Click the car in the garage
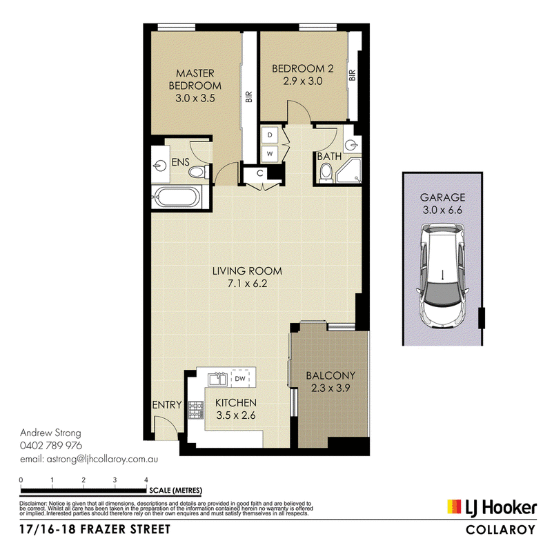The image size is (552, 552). (442, 276)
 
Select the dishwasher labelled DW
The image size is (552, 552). (239, 378)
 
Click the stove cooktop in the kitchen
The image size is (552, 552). (196, 410)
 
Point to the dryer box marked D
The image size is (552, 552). (270, 135)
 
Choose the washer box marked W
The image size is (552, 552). (270, 153)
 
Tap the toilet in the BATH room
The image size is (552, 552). (326, 174)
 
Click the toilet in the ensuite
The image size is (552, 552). (197, 172)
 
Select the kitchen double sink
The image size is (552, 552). (217, 379)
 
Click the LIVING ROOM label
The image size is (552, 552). (247, 271)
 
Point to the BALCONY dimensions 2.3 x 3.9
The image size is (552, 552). (331, 388)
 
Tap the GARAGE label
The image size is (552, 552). (442, 197)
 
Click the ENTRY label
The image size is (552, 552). (167, 405)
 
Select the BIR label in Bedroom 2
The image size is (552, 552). (353, 75)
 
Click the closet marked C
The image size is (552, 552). (260, 173)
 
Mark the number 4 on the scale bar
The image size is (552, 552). (146, 480)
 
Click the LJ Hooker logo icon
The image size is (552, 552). (454, 506)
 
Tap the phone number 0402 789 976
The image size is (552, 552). (51, 446)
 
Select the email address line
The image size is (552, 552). (89, 460)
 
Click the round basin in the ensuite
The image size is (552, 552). (160, 166)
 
